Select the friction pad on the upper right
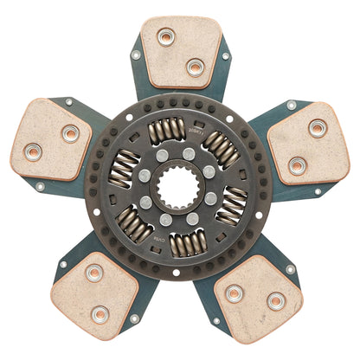point(308,144)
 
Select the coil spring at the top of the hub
point(167,131)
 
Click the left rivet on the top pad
point(166,37)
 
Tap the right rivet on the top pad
point(196,66)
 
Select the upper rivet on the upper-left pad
point(70,133)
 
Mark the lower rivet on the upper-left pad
point(32,153)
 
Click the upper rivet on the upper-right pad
point(318,128)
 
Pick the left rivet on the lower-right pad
point(234,292)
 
